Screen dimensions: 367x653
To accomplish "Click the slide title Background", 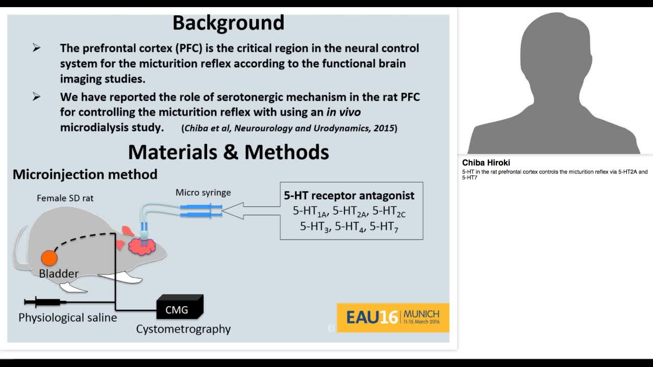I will click(228, 23).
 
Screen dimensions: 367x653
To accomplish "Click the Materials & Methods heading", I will click(228, 152).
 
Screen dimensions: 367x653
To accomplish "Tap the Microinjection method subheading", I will click(85, 174).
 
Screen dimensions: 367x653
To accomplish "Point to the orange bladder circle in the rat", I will click(49, 258).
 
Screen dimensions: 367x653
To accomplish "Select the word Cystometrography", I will click(183, 329).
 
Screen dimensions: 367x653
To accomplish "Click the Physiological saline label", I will click(67, 318).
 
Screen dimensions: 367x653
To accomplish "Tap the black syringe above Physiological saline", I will click(43, 302).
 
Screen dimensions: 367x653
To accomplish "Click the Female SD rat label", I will click(65, 198).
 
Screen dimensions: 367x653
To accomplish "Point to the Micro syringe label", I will click(203, 193).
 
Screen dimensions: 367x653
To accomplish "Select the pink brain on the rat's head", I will click(141, 246).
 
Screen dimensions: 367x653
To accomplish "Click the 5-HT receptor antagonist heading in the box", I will click(349, 196).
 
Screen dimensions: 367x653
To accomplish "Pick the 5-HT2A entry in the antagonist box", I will click(349, 211).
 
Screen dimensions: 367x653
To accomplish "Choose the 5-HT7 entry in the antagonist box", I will click(384, 227).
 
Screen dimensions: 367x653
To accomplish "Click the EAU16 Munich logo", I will click(393, 318).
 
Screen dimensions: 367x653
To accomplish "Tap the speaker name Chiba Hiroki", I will click(486, 163).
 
